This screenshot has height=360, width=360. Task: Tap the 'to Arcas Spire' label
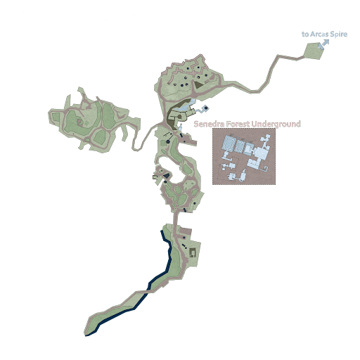(x=324, y=34)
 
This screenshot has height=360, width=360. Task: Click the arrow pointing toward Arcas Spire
(x=323, y=44)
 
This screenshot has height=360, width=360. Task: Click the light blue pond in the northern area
(x=203, y=109)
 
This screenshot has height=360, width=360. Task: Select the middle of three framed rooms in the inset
(x=240, y=146)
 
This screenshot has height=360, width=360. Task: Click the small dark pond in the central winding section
(x=169, y=141)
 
